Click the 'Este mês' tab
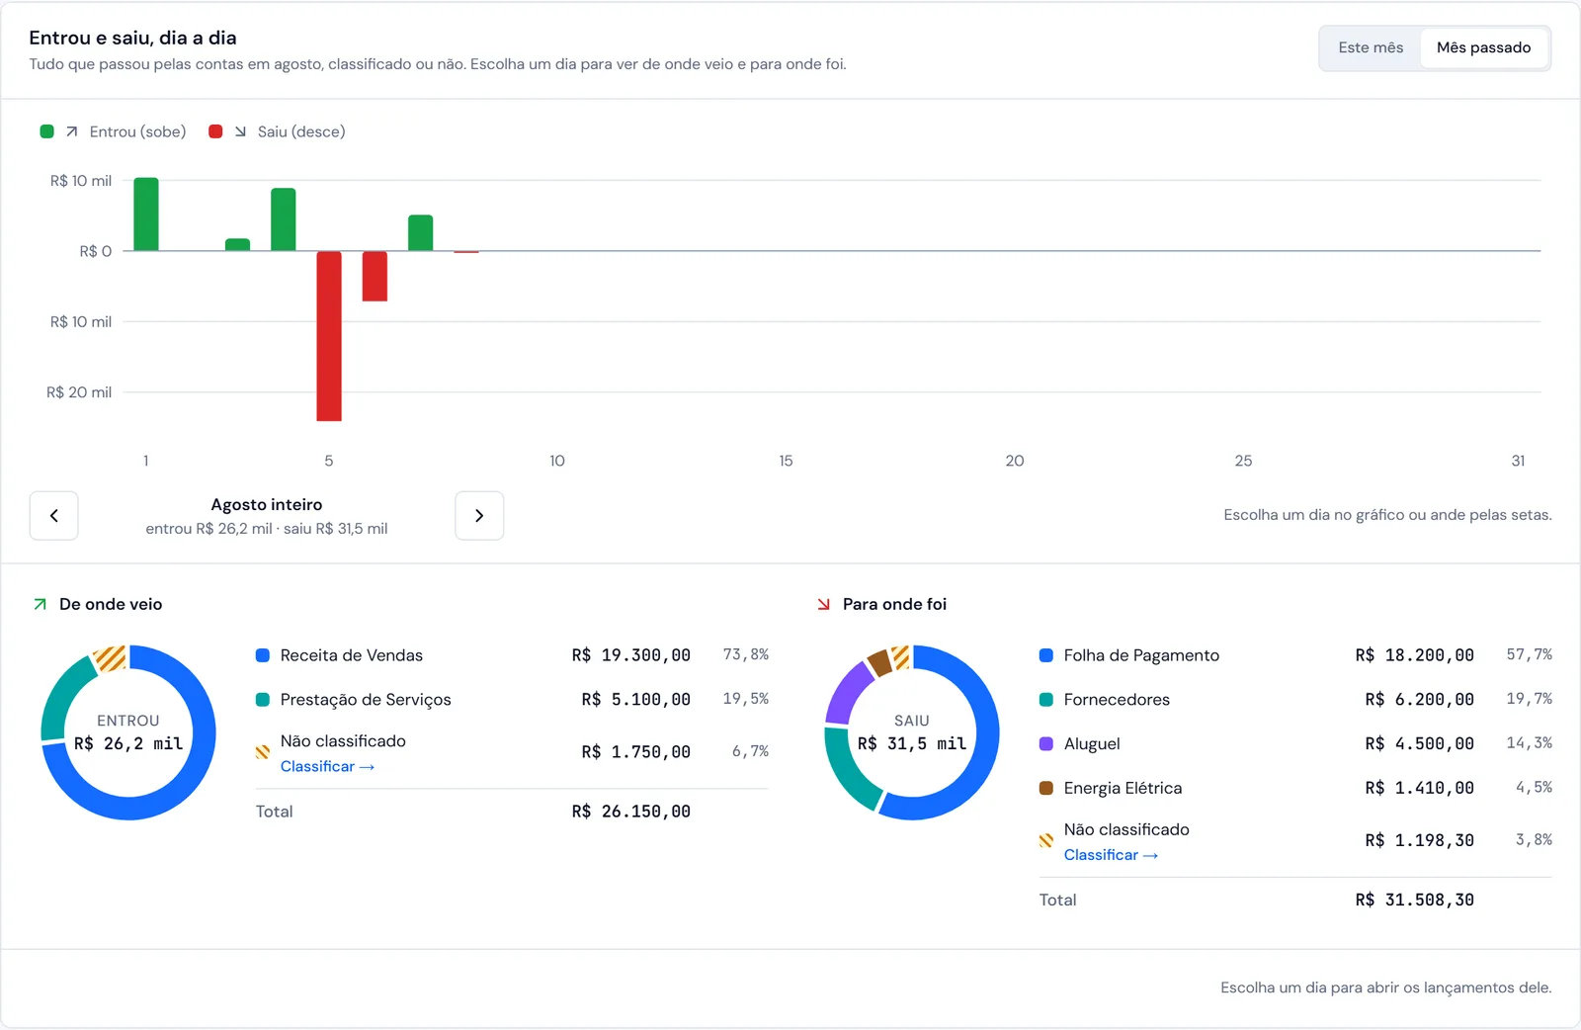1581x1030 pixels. (1370, 48)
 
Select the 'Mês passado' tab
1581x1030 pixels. (1483, 48)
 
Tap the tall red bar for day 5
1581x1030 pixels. (329, 336)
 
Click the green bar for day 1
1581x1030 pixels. (146, 214)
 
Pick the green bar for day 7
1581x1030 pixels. (421, 232)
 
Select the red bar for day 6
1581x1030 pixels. (374, 276)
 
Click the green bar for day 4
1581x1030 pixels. (283, 218)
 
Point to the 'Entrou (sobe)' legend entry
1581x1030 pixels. (113, 132)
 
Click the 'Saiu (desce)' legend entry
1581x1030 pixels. (277, 132)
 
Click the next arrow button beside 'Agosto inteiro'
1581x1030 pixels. (479, 516)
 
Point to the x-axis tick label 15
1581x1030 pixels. (786, 461)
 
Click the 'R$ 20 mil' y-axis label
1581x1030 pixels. (79, 392)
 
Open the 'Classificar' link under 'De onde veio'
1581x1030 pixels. (327, 767)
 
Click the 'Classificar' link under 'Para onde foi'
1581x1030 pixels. (1111, 855)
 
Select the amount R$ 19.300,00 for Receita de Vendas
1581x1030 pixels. (631, 655)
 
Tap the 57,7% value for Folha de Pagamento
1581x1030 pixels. (1529, 654)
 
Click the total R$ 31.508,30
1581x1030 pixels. (1414, 901)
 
